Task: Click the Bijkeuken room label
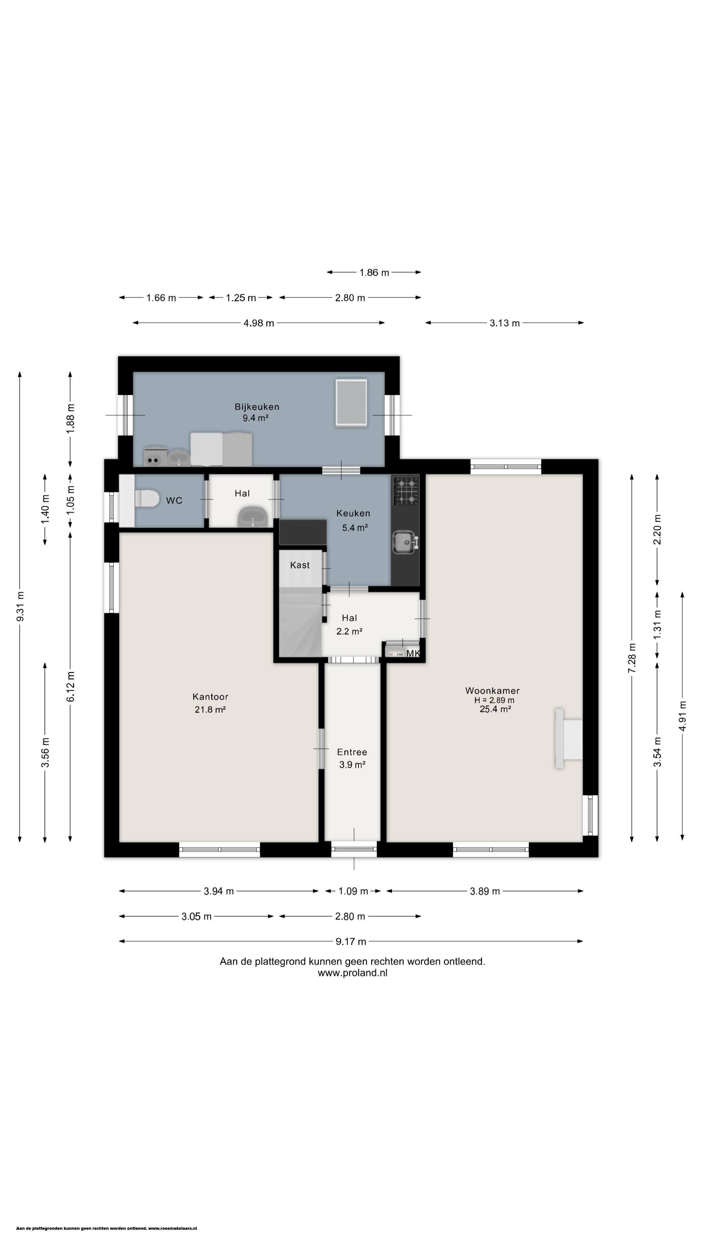(257, 407)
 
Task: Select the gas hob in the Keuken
(406, 490)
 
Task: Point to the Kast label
(300, 565)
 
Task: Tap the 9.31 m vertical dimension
(20, 607)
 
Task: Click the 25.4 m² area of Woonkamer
(495, 709)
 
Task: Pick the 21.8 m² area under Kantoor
(210, 710)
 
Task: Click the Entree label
(352, 752)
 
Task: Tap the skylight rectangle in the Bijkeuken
(351, 403)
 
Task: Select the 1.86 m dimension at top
(374, 272)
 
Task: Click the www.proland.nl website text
(352, 973)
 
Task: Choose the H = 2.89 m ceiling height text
(494, 700)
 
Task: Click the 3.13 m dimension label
(504, 323)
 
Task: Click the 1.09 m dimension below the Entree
(353, 891)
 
